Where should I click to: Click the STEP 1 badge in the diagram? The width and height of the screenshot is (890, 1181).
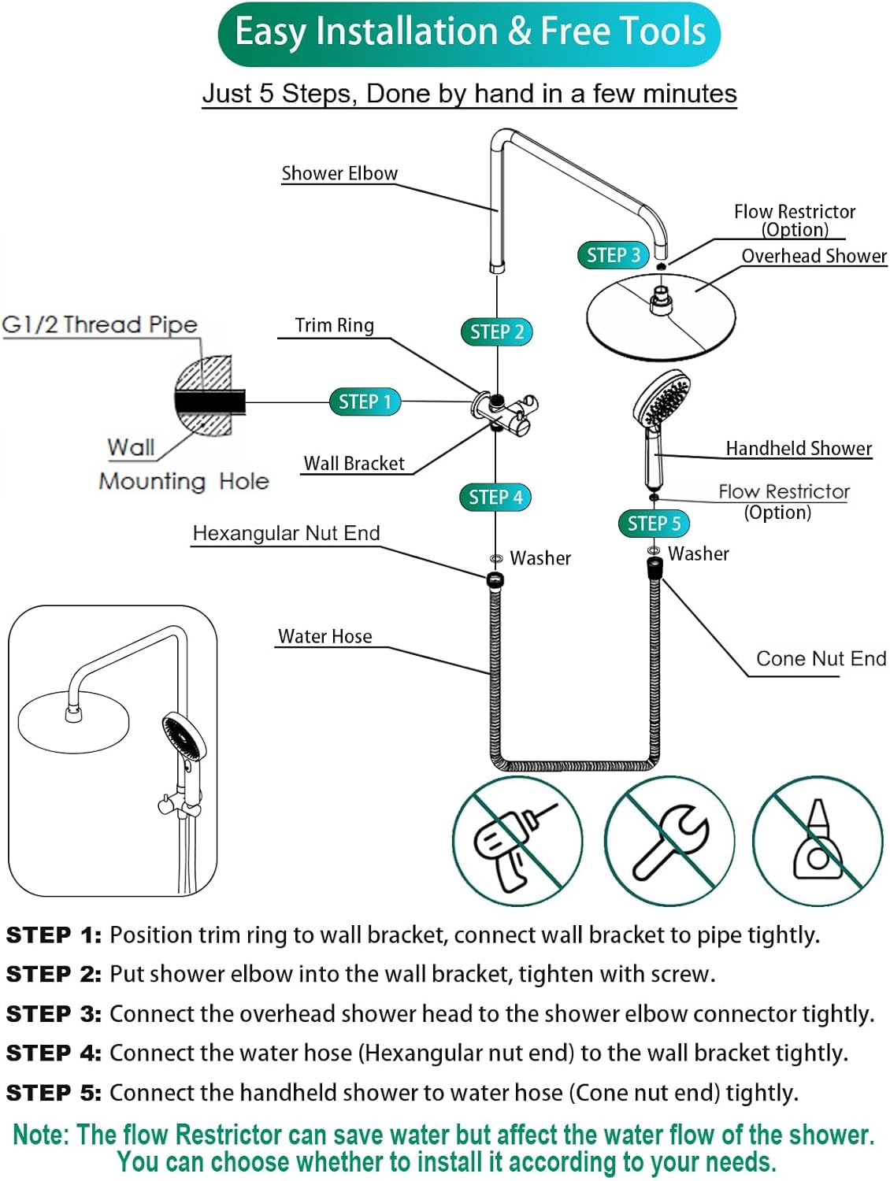(365, 402)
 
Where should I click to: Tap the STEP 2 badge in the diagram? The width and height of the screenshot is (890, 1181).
(496, 331)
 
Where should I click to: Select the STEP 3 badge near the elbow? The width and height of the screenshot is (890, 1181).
(613, 255)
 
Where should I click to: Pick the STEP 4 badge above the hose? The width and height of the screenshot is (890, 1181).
(495, 497)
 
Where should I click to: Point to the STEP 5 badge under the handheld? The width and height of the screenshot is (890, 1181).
(654, 524)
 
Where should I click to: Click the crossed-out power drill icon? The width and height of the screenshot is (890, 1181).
(517, 841)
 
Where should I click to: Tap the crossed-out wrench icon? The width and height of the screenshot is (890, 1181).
(669, 841)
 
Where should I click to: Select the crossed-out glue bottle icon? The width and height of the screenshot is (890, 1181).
(818, 841)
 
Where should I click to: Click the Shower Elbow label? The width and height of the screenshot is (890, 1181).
(339, 173)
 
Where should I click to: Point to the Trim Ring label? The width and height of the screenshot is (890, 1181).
(334, 325)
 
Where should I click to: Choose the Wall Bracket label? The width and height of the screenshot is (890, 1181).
(354, 464)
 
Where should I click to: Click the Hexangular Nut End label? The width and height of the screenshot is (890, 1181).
(286, 533)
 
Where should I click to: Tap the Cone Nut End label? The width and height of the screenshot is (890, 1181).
(821, 658)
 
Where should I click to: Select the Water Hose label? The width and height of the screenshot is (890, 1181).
(324, 636)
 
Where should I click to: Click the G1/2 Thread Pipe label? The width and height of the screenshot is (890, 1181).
(100, 324)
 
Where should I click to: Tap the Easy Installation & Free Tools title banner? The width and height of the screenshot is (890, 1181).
(469, 33)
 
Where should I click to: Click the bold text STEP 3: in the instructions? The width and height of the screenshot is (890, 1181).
(54, 1014)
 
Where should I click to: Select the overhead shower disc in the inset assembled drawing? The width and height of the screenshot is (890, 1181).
(73, 720)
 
